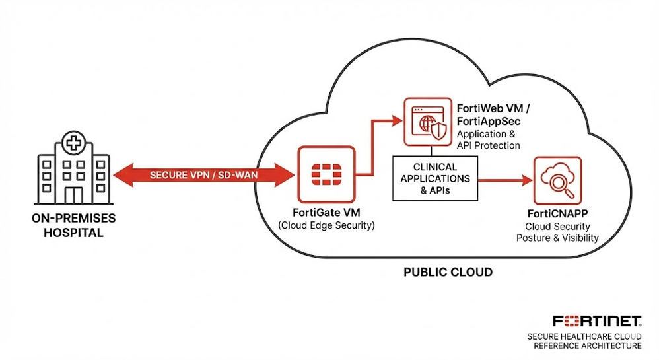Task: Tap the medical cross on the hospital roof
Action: tap(74, 141)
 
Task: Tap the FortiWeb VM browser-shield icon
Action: tap(427, 122)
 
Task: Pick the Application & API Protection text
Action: tap(489, 140)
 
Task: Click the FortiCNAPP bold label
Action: tap(558, 214)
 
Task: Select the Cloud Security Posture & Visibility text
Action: tap(558, 232)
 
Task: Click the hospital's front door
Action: tap(74, 194)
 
